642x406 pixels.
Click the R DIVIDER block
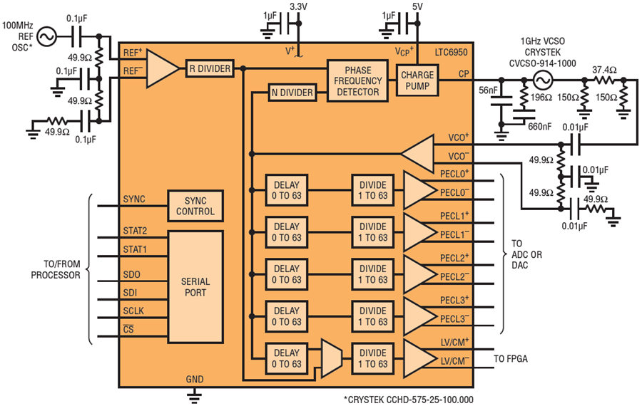pos(210,68)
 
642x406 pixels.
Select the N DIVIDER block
pos(292,93)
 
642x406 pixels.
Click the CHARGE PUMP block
pos(417,80)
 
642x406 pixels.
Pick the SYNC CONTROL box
pos(195,205)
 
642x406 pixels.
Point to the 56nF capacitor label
pos(488,90)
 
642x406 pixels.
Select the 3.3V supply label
pos(299,7)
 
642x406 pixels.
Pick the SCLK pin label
pos(135,311)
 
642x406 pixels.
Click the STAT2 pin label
pos(135,230)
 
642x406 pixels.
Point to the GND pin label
pos(194,379)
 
